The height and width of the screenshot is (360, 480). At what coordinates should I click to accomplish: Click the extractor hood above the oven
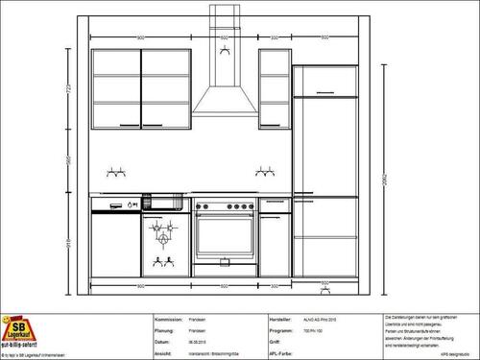click(x=224, y=106)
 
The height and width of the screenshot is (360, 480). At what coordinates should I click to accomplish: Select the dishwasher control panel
click(x=115, y=204)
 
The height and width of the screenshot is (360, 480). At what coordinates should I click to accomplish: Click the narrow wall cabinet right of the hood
click(x=274, y=88)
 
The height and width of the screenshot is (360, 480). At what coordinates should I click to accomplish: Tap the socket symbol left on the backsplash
click(x=116, y=174)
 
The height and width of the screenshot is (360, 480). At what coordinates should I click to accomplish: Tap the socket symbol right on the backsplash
click(x=264, y=174)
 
